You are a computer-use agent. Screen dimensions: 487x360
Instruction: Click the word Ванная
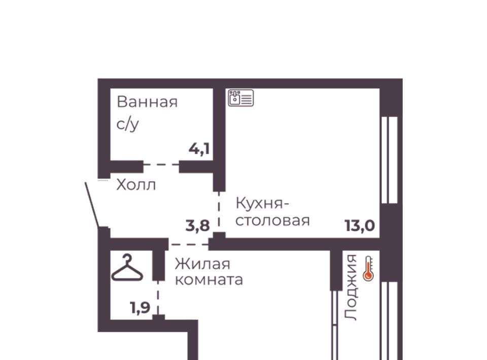[x=147, y=102]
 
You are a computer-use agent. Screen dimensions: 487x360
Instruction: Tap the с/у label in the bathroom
[x=128, y=124]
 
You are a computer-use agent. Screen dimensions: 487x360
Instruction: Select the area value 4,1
[x=199, y=149]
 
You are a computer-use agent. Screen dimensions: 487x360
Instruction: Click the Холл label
[x=136, y=185]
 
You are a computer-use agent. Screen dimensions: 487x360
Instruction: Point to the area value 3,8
[x=197, y=226]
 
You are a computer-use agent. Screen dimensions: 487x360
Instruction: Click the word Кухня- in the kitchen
[x=262, y=204]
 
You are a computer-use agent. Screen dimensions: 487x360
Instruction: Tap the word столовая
[x=273, y=221]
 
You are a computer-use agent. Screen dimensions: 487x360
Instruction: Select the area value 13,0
[x=360, y=226]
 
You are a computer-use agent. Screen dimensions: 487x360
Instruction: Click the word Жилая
[x=202, y=264]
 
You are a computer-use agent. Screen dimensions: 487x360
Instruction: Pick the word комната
[x=208, y=280]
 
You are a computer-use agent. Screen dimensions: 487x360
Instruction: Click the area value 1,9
[x=140, y=308]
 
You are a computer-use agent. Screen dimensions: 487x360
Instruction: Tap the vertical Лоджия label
[x=351, y=287]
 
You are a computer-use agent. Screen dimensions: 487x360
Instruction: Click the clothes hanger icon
[x=127, y=268]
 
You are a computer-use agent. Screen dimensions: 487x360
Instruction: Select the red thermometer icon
[x=368, y=269]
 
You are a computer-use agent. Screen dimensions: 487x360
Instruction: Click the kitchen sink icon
[x=240, y=98]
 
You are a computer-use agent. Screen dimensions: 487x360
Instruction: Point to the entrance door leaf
[x=92, y=205]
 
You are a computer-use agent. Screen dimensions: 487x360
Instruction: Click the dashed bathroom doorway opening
[x=161, y=164]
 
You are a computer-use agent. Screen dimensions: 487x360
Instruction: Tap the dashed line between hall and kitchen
[x=219, y=211]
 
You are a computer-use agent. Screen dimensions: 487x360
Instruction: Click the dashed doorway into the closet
[x=158, y=298]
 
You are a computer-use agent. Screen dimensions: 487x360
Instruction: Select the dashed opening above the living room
[x=189, y=244]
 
